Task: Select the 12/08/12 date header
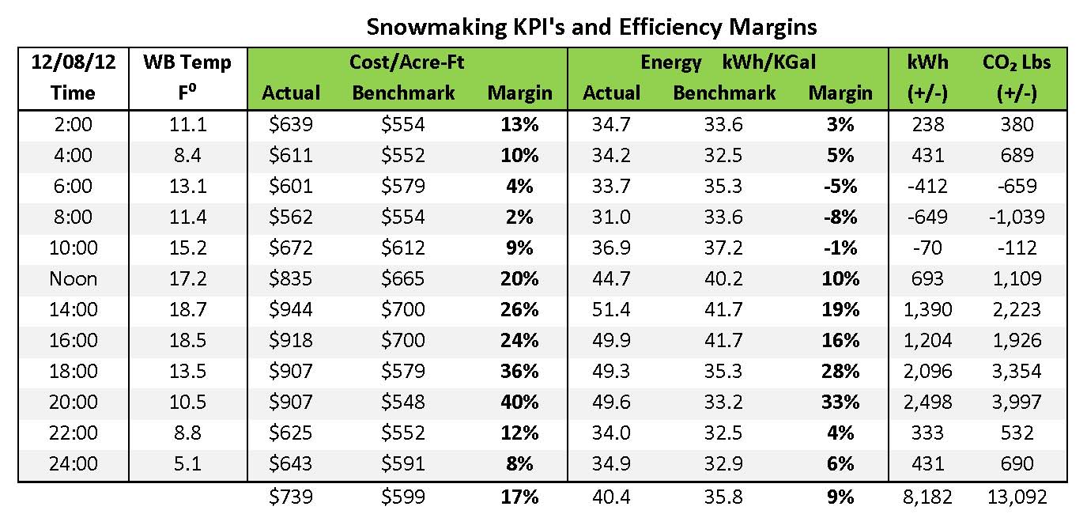73,62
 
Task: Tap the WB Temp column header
187,62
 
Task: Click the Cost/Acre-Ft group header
406,62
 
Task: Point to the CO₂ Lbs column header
1017,62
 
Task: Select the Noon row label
73,278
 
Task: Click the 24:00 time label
73,463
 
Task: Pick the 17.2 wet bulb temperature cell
187,278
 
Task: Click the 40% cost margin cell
519,402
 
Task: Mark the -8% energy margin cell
840,217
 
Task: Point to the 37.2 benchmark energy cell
724,248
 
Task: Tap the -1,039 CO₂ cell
1017,217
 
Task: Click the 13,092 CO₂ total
1017,497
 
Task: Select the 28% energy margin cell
840,371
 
